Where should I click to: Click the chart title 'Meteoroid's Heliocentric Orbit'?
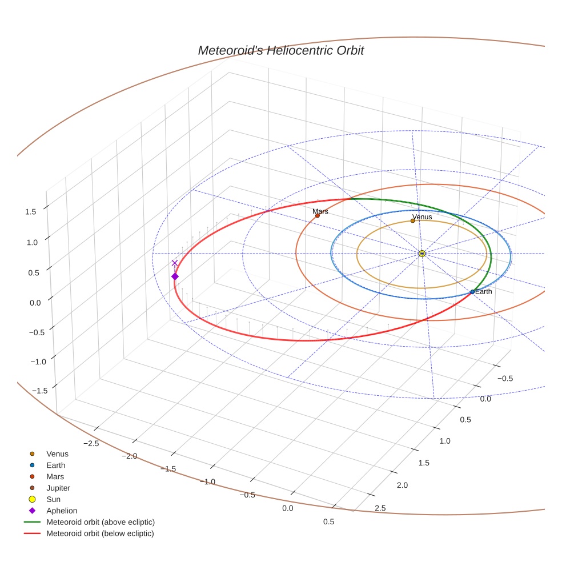[280, 51]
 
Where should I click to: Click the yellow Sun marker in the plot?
[422, 254]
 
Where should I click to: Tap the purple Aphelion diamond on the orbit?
[175, 276]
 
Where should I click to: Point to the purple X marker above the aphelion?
[175, 263]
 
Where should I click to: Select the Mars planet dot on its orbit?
[318, 215]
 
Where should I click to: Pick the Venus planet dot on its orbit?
[413, 220]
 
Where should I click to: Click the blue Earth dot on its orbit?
[472, 292]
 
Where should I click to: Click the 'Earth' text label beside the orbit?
[484, 291]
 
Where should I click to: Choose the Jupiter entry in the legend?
[58, 488]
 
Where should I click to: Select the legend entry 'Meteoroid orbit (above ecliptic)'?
[101, 522]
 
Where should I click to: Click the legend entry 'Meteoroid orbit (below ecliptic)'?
[101, 533]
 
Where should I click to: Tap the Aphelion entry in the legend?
[62, 511]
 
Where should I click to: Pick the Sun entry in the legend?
[53, 499]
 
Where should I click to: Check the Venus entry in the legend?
[57, 454]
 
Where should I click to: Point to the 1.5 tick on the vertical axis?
[30, 211]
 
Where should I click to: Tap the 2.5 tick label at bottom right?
[380, 508]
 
